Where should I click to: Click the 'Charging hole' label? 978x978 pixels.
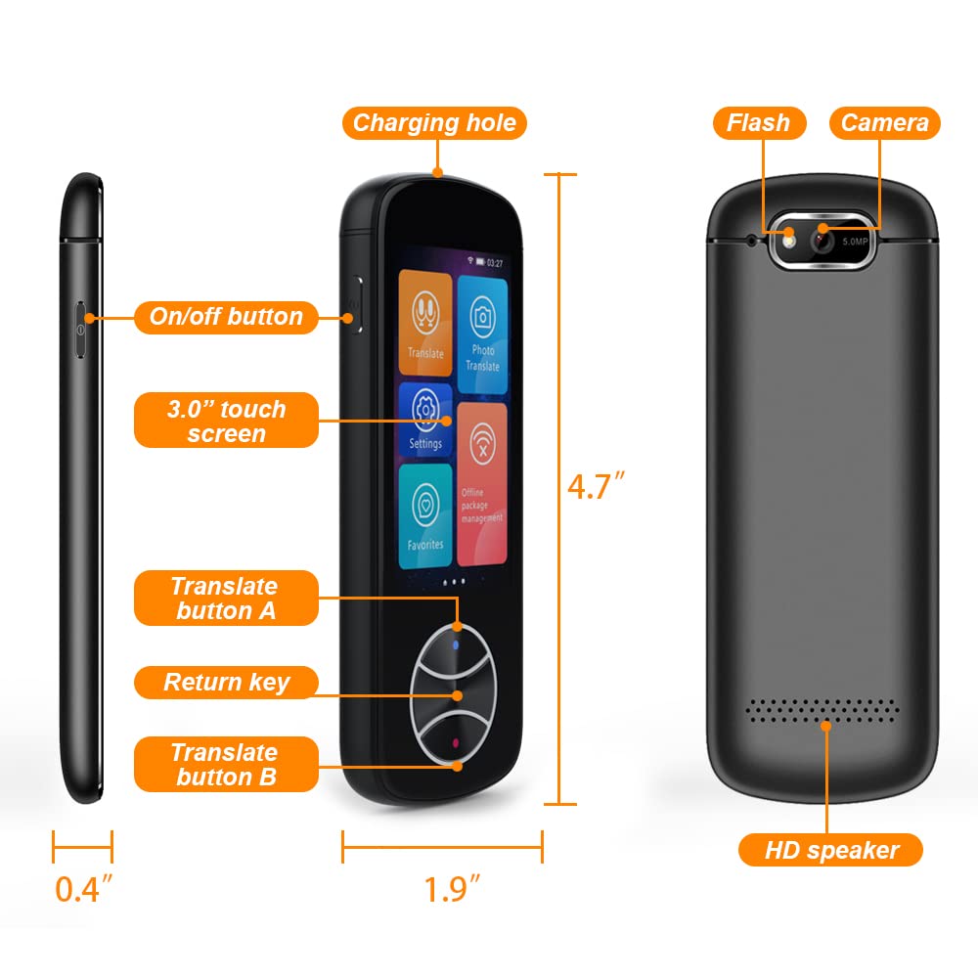point(434,123)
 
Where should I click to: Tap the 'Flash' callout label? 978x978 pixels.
point(758,123)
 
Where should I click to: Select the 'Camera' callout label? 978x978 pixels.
point(884,123)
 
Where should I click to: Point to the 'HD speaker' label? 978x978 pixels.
point(830,850)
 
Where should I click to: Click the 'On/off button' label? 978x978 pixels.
point(226,317)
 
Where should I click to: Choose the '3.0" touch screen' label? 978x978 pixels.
point(226,421)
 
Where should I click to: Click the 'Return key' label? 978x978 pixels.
point(226,682)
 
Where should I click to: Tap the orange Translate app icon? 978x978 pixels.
point(425,324)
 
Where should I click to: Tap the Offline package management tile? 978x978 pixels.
point(482,483)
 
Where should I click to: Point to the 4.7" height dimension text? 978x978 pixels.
point(596,486)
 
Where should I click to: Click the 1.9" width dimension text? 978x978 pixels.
point(452,889)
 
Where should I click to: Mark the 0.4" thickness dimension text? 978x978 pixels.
point(83,889)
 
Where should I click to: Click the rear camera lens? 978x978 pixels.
point(822,239)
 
